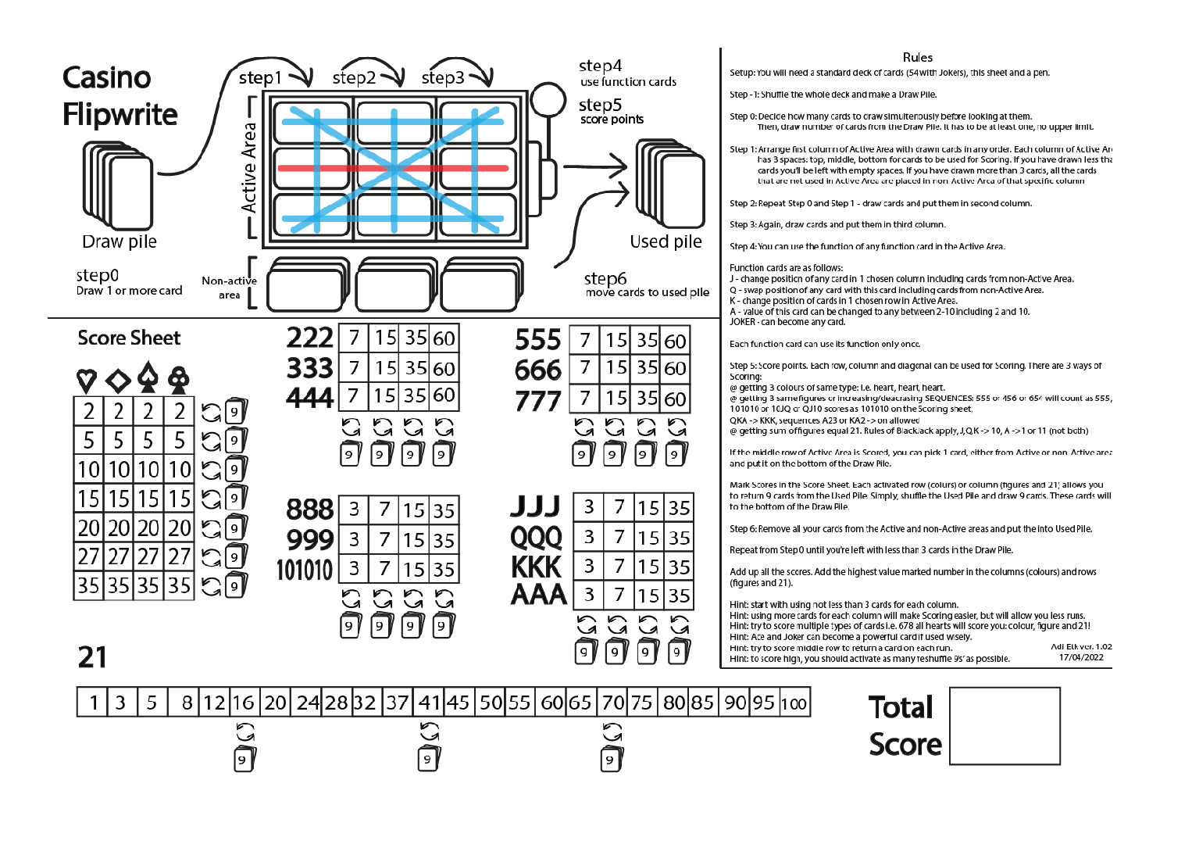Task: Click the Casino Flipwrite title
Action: pyautogui.click(x=120, y=96)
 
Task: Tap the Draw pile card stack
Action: pyautogui.click(x=118, y=185)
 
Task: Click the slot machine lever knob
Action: pyautogui.click(x=548, y=102)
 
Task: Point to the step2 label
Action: pyautogui.click(x=354, y=78)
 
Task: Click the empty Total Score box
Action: pyautogui.click(x=1005, y=725)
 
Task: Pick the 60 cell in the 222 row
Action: pyautogui.click(x=444, y=338)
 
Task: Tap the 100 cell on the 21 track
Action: pyautogui.click(x=794, y=703)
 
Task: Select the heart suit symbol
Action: pyautogui.click(x=87, y=381)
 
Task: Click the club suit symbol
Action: pyautogui.click(x=179, y=379)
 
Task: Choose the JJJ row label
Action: pyautogui.click(x=536, y=507)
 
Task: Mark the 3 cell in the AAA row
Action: pyautogui.click(x=589, y=595)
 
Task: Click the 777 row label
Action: pyautogui.click(x=538, y=401)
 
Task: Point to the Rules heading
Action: pyautogui.click(x=917, y=57)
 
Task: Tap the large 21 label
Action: pyautogui.click(x=92, y=657)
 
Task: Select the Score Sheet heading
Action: pyautogui.click(x=129, y=338)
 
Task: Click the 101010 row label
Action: pyautogui.click(x=305, y=570)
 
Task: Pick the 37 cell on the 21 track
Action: pyautogui.click(x=397, y=703)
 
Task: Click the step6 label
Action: pyautogui.click(x=605, y=278)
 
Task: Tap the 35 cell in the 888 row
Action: pyautogui.click(x=444, y=511)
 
